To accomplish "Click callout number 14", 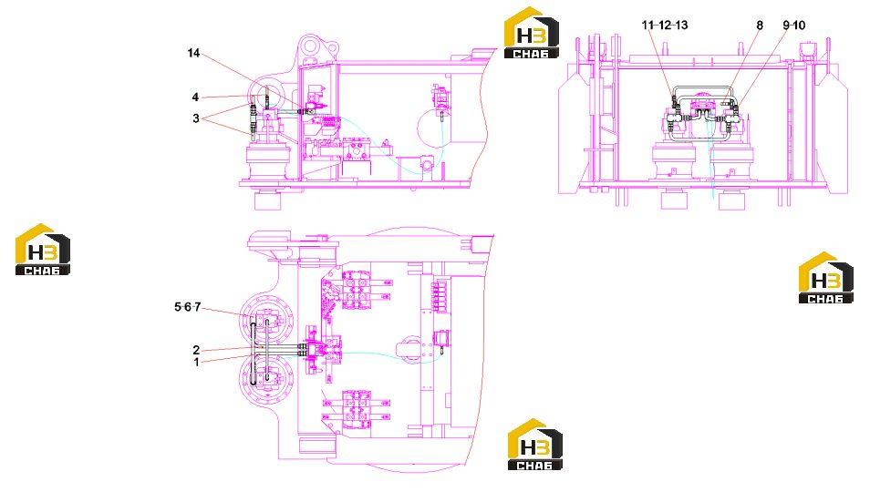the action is (x=193, y=53).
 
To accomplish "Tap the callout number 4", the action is (x=195, y=97).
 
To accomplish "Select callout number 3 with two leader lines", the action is (x=196, y=118).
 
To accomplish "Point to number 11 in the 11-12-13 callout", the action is (x=647, y=25).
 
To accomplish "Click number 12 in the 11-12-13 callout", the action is (x=664, y=25).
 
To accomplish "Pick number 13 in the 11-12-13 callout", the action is (x=681, y=25).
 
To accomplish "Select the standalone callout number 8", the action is (x=760, y=25).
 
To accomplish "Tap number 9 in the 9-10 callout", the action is (x=786, y=25).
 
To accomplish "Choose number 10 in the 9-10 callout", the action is (x=799, y=25).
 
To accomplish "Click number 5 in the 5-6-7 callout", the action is (x=178, y=307).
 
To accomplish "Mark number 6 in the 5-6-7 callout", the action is (x=188, y=307).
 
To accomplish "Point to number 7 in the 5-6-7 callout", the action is (x=197, y=307).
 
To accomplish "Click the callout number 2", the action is (x=196, y=350).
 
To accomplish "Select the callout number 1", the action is (x=196, y=363).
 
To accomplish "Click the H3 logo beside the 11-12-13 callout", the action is (x=532, y=33).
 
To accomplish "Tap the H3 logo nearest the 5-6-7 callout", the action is (x=43, y=250).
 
